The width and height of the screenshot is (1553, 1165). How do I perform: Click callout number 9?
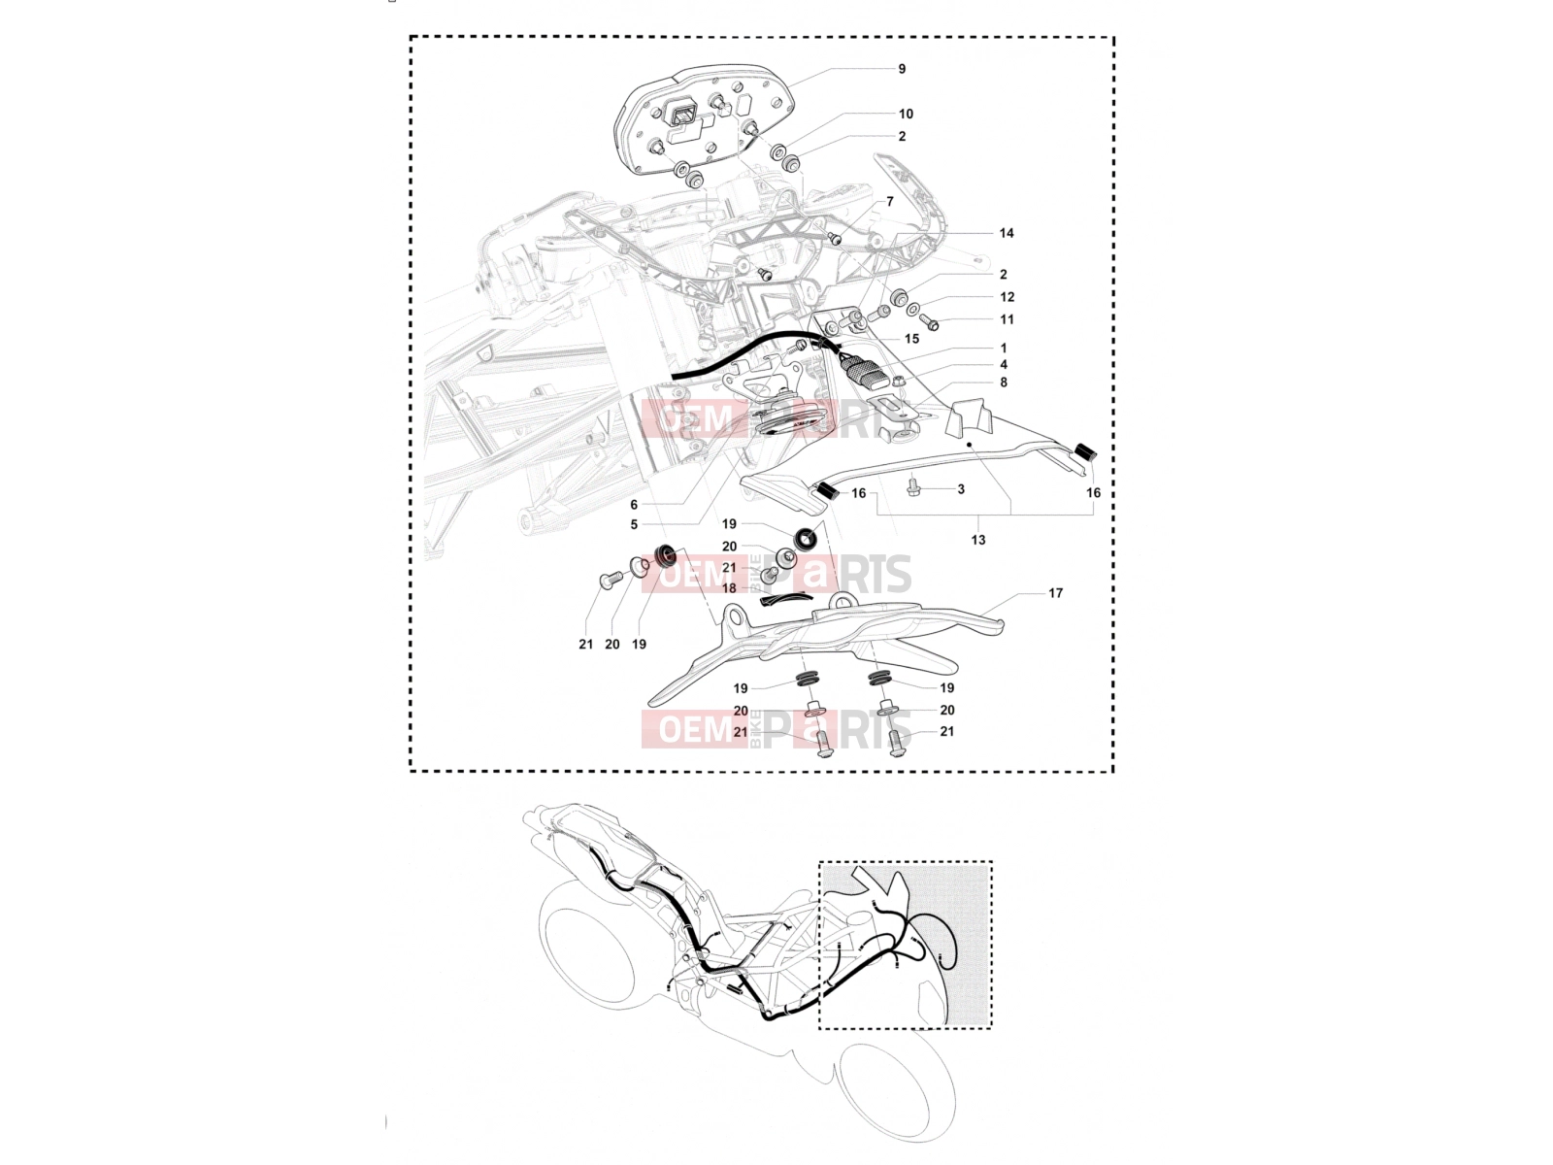902,69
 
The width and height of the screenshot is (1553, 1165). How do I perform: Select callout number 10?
906,114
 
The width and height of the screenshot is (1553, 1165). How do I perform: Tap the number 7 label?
889,202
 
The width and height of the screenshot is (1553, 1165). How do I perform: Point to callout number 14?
1007,233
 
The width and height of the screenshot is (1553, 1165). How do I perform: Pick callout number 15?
911,339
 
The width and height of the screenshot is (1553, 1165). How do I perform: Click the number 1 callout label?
1004,348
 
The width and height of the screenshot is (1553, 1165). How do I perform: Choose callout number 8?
1004,382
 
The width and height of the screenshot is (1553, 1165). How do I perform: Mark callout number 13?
977,540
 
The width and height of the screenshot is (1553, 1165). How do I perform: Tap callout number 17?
1055,593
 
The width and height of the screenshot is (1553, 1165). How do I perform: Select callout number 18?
729,587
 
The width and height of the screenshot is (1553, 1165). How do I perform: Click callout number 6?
634,504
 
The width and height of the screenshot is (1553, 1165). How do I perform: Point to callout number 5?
634,524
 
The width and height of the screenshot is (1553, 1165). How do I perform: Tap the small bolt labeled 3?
912,486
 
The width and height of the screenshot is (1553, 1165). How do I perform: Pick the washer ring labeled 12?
912,309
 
